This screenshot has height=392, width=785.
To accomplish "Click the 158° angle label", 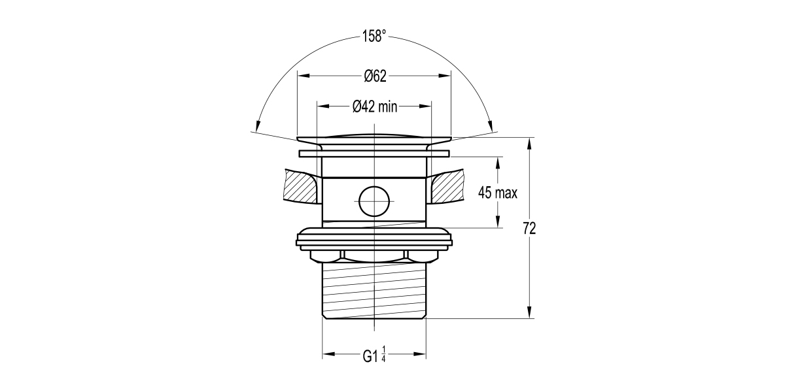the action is (x=374, y=36).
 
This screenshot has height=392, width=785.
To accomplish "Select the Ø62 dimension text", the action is (x=375, y=76).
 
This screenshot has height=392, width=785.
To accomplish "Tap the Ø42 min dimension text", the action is (x=375, y=106).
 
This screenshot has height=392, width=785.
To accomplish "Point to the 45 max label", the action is (x=498, y=193).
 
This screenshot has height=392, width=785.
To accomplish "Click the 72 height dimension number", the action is (x=529, y=229).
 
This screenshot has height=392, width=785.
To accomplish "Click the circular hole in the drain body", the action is (x=374, y=202).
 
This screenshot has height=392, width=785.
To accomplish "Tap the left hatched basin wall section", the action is (x=302, y=186).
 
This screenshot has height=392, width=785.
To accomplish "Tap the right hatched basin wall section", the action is (x=447, y=186).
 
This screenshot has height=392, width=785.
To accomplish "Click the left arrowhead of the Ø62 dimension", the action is (x=304, y=76).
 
